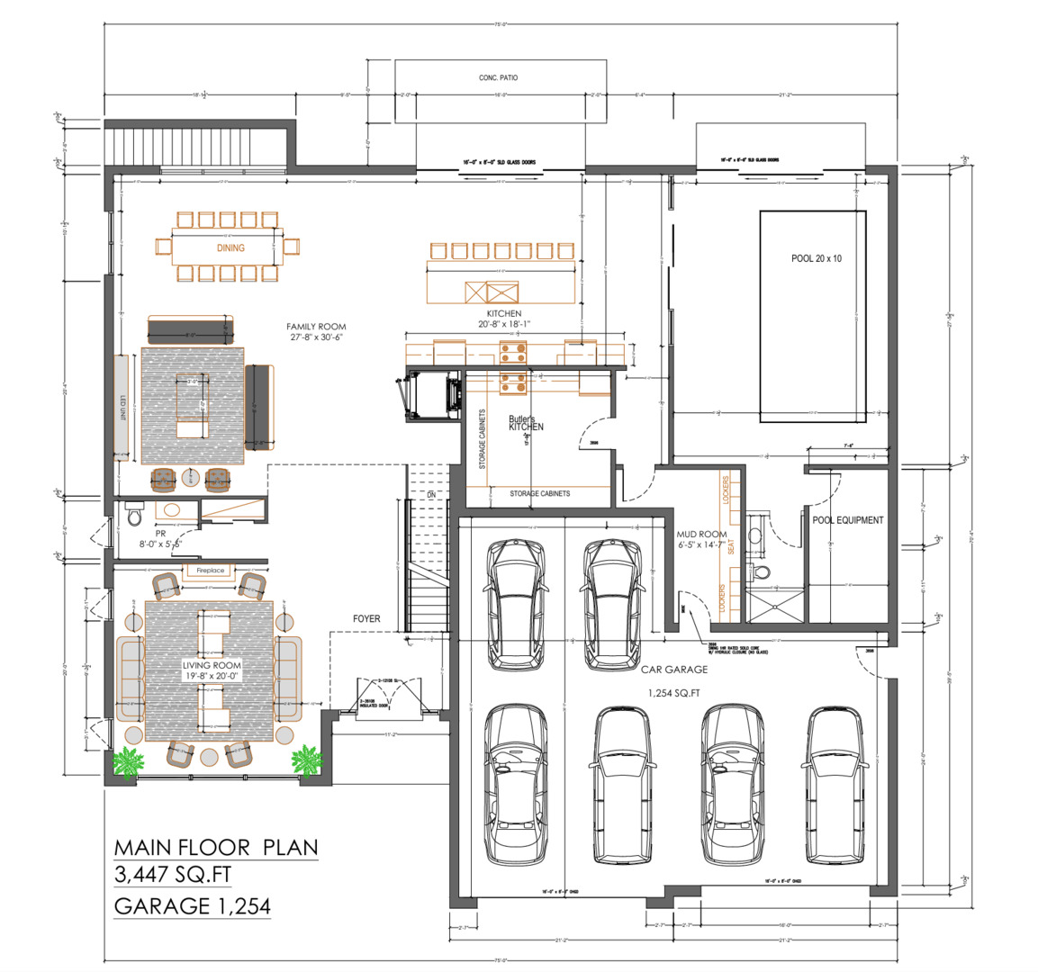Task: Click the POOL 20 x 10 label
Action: click(817, 259)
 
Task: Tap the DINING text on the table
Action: click(230, 248)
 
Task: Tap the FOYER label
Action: click(366, 619)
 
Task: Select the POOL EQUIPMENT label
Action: click(847, 520)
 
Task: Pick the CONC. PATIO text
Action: click(498, 78)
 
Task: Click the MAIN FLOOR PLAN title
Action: click(216, 848)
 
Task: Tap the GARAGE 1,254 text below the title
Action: click(193, 906)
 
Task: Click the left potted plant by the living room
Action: click(128, 762)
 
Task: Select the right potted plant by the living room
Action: click(306, 760)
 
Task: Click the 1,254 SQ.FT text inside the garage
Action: click(674, 694)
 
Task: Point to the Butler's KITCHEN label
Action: click(525, 423)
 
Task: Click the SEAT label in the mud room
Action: click(731, 545)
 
